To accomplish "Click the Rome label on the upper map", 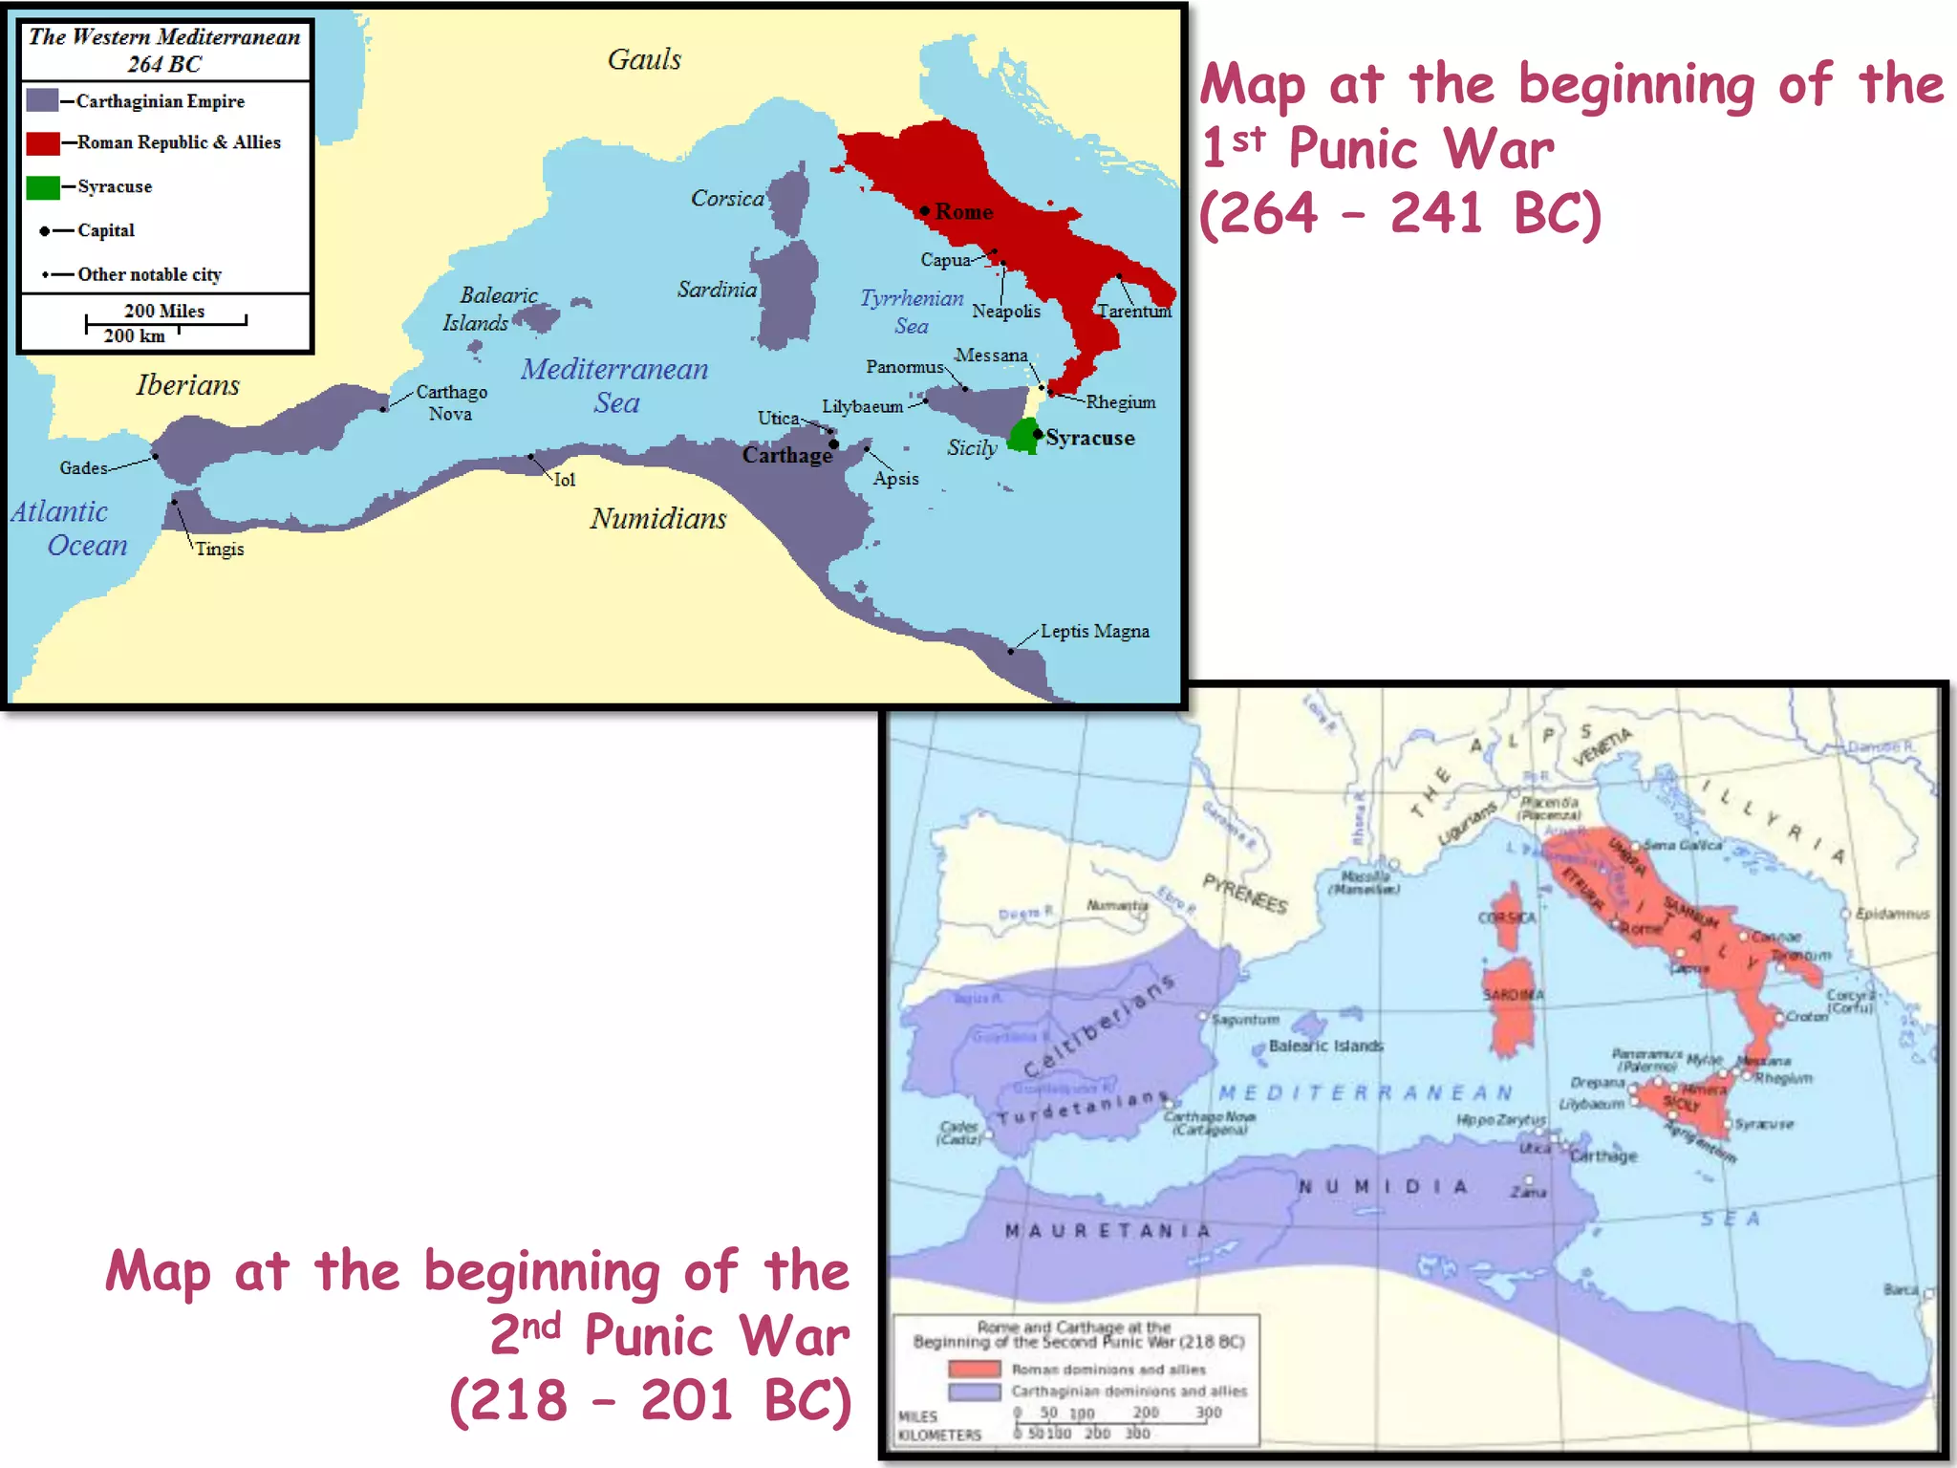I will (963, 212).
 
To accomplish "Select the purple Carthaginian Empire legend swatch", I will (42, 100).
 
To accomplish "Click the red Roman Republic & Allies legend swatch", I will (42, 143).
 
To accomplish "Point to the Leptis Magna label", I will (1094, 632).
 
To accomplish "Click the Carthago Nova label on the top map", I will (451, 402).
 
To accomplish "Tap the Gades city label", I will (83, 468).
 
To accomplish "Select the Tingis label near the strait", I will (220, 550).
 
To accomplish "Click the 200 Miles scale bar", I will (164, 319).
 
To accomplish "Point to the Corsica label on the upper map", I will (727, 199).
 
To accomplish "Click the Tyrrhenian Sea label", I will (912, 312).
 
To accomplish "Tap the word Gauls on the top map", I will (644, 60).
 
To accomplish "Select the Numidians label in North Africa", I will (657, 519).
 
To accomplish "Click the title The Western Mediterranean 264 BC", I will (164, 51).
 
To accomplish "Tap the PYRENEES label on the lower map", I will (1244, 894).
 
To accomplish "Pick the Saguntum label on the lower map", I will (1245, 1020).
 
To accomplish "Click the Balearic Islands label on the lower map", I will (1325, 1047).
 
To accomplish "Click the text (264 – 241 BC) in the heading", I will (1399, 213).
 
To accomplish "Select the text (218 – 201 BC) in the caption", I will (650, 1401).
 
